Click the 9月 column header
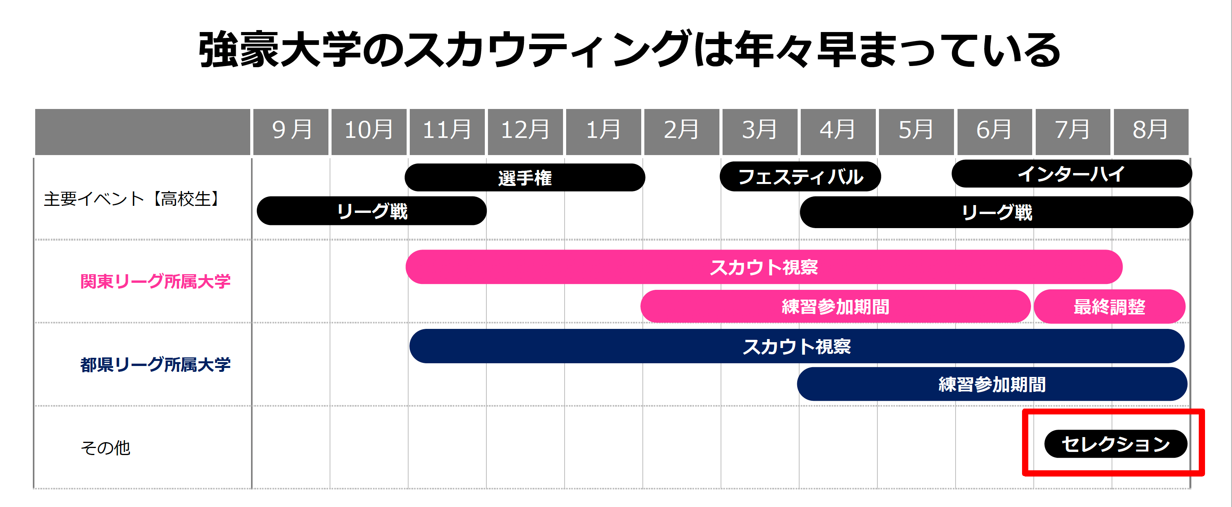(291, 130)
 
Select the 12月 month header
(525, 130)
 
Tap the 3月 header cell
(759, 130)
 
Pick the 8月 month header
(1151, 130)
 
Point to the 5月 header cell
(916, 130)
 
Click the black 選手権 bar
(525, 178)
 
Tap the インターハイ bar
(1071, 174)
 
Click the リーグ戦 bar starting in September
(371, 211)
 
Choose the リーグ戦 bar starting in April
(996, 212)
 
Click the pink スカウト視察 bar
(764, 267)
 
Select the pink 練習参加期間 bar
(835, 307)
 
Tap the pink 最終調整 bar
(1109, 307)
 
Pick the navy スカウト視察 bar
(797, 346)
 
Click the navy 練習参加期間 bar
(992, 384)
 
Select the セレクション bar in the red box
(1115, 444)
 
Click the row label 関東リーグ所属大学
(156, 282)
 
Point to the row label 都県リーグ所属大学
(156, 364)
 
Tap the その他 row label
(106, 448)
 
